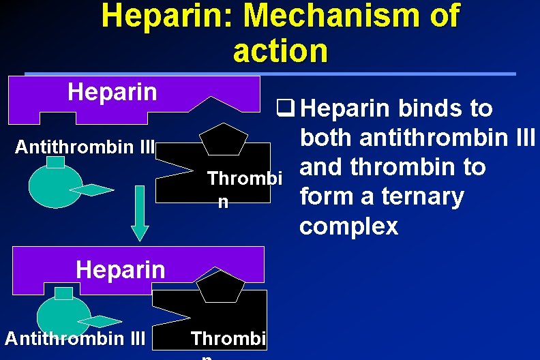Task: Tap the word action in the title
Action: coord(280,50)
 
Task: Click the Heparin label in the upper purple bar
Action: coord(112,92)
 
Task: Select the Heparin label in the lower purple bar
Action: coord(121,269)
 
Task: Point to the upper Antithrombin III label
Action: coord(86,147)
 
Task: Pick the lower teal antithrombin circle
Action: coord(63,316)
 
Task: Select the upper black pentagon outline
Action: coord(223,139)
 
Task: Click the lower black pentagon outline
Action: coord(221,286)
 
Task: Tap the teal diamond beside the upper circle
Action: coord(91,190)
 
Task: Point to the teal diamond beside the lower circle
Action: coord(100,321)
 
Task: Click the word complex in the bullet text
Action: coord(348,226)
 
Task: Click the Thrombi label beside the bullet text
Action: coord(244,179)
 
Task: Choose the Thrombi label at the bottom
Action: coord(229,338)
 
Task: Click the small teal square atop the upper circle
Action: coord(55,162)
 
